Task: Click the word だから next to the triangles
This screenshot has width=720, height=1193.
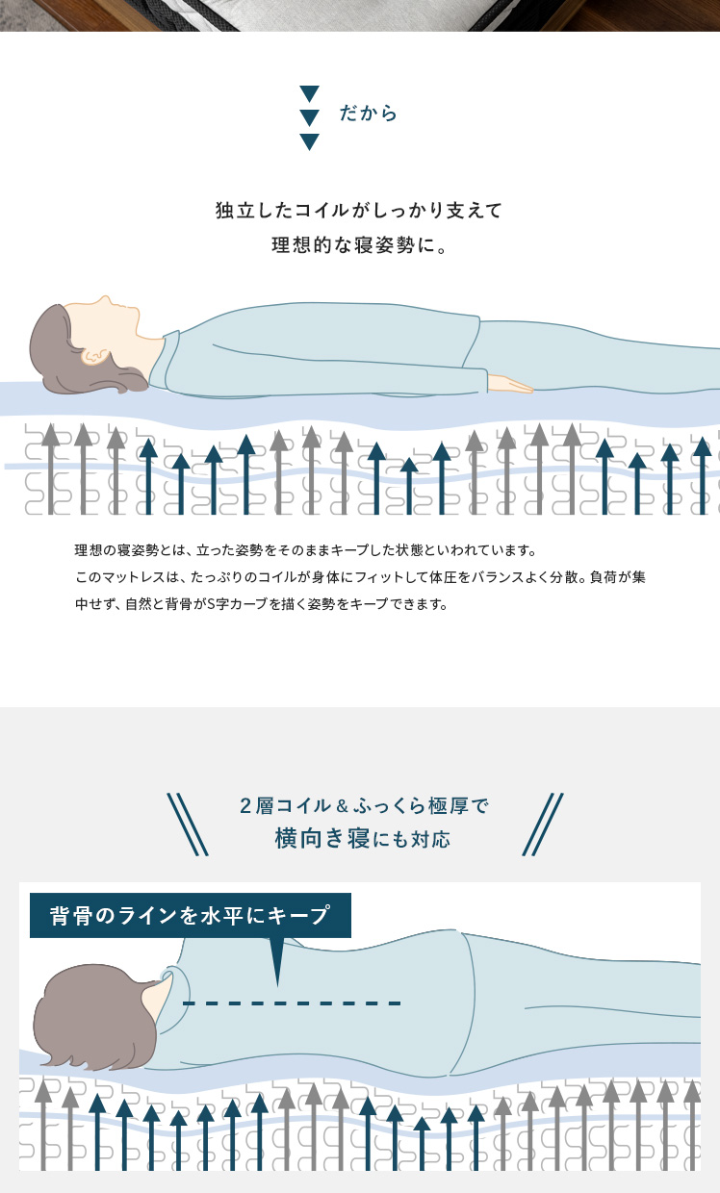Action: tap(369, 114)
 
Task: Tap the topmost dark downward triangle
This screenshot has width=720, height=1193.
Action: tap(309, 93)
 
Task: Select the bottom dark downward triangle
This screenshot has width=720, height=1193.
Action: tap(309, 141)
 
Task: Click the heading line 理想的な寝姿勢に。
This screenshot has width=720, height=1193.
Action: tap(359, 245)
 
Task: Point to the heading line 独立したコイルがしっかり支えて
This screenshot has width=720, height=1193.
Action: tap(359, 211)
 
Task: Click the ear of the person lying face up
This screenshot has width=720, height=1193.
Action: tap(95, 356)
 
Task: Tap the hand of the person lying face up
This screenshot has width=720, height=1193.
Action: tap(509, 384)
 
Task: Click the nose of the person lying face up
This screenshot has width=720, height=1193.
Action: tap(106, 301)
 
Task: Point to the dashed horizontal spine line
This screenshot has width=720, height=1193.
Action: tap(292, 1003)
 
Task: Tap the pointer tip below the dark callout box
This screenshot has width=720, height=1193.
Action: tap(277, 985)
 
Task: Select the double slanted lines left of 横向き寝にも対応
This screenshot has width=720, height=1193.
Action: tap(188, 825)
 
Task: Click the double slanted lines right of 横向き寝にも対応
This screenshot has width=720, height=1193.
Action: tap(543, 825)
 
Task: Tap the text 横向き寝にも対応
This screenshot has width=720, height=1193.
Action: tap(362, 839)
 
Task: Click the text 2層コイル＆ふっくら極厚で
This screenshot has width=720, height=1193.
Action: tap(364, 806)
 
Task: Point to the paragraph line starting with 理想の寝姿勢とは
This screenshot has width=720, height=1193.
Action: tap(306, 549)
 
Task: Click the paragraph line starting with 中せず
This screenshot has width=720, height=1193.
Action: tap(262, 604)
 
